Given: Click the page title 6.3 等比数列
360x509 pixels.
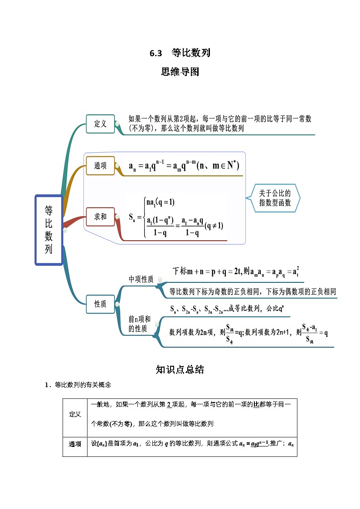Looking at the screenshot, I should [180, 53].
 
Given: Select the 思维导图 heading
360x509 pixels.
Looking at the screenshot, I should [180, 72].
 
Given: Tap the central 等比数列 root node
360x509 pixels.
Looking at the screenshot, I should [49, 230].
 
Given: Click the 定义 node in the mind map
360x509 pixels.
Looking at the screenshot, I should [100, 124].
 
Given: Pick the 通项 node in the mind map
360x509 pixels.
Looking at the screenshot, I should [100, 166].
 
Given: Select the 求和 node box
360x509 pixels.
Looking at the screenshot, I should [100, 217].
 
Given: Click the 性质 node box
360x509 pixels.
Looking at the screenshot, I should [100, 304].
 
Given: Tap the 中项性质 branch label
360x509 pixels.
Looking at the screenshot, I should [141, 279].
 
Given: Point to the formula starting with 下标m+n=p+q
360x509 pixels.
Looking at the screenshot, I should [236, 271].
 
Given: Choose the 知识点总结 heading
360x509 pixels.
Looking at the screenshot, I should [180, 369].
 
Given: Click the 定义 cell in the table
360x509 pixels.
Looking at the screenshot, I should [75, 414].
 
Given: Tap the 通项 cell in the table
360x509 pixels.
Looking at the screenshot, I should [75, 444].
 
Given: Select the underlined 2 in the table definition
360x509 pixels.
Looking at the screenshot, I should [169, 404].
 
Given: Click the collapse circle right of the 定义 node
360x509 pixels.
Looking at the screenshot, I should [117, 124].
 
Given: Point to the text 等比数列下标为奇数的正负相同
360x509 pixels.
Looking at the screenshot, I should [218, 291].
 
